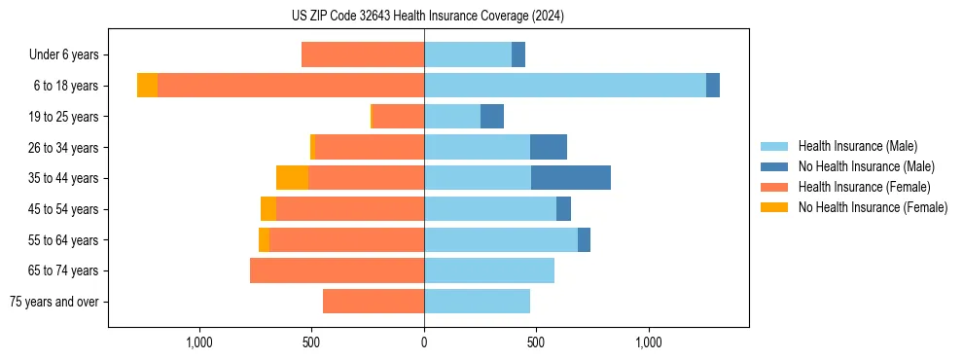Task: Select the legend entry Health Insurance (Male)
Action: (857, 146)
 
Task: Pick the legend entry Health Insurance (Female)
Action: (864, 187)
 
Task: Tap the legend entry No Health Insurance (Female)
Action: (873, 207)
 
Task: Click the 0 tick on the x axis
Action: (424, 342)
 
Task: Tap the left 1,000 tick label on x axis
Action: (199, 342)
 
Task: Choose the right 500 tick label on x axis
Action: (536, 342)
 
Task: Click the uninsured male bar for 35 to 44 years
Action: (571, 178)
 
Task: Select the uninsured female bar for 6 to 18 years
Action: (147, 86)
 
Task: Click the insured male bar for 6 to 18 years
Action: (565, 86)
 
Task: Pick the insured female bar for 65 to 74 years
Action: (337, 270)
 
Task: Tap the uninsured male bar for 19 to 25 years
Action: (492, 117)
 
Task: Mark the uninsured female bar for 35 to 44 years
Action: (292, 178)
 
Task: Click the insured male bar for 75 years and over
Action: (477, 302)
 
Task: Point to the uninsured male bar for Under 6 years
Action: (518, 55)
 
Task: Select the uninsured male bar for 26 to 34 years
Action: (549, 147)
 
